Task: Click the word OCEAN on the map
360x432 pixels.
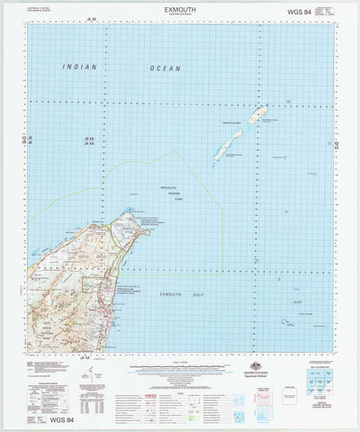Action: pyautogui.click(x=166, y=68)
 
